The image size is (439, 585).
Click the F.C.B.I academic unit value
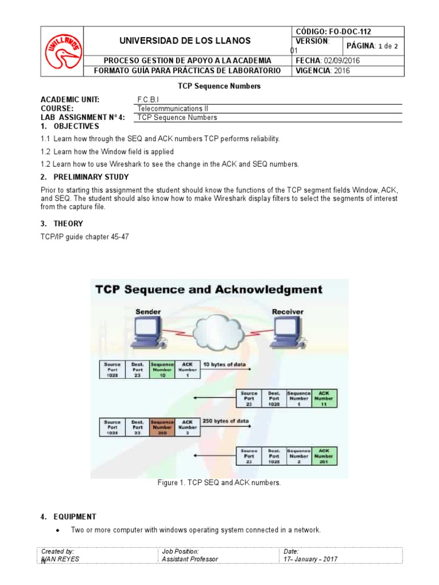(149, 99)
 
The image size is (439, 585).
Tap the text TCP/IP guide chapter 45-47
(85, 237)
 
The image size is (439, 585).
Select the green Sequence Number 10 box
(162, 370)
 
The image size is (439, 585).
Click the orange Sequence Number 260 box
(162, 427)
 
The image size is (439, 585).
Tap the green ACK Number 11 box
(324, 398)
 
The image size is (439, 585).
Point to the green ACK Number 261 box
(324, 456)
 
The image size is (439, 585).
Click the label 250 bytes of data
(226, 422)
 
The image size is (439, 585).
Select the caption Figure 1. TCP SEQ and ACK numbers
(219, 483)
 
